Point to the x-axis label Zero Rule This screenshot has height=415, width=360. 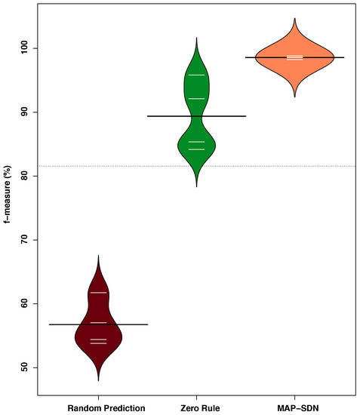pyautogui.click(x=196, y=406)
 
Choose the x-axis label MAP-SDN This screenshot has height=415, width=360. pyautogui.click(x=295, y=406)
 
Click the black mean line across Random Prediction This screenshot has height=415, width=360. pyautogui.click(x=132, y=324)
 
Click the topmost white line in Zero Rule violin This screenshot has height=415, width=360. pyautogui.click(x=196, y=75)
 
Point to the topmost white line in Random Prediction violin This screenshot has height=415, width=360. pyautogui.click(x=98, y=292)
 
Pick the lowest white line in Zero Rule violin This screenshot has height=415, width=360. pyautogui.click(x=196, y=149)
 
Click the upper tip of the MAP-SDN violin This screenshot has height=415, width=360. pyautogui.click(x=295, y=20)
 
